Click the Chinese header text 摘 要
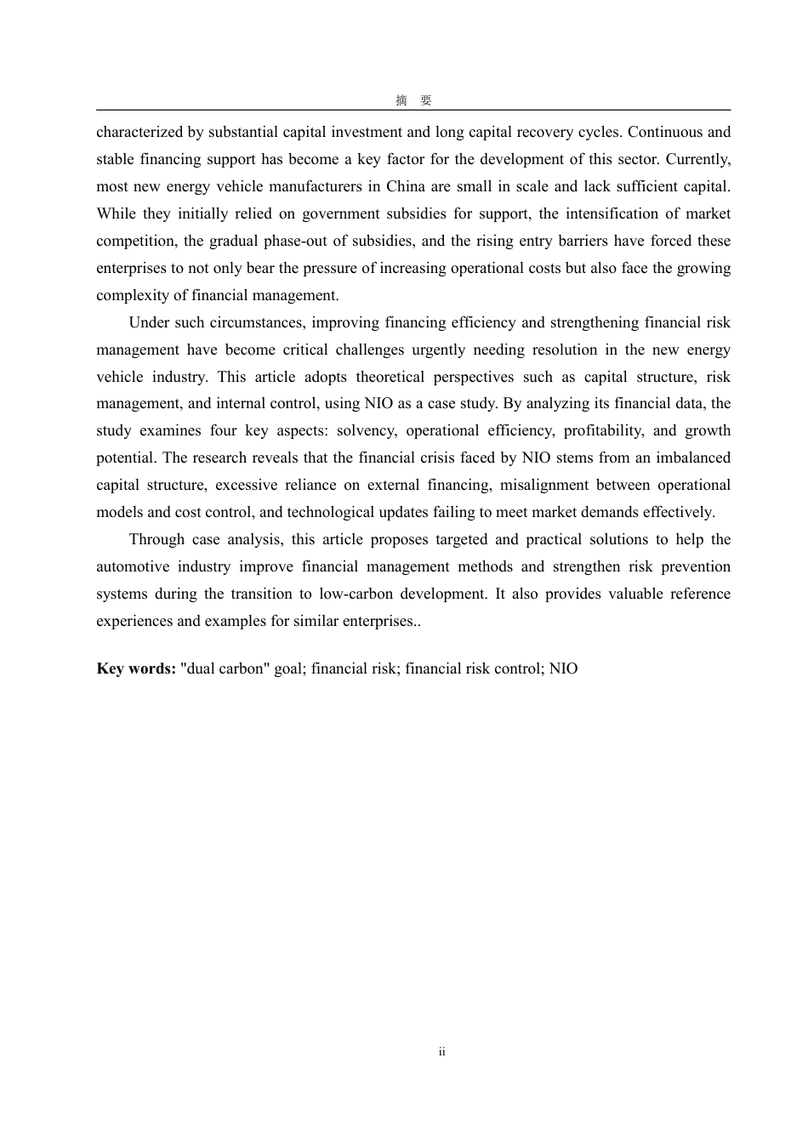point(413,100)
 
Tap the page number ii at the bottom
point(442,1052)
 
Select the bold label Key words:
point(136,668)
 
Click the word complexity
point(129,295)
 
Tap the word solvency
point(366,430)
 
